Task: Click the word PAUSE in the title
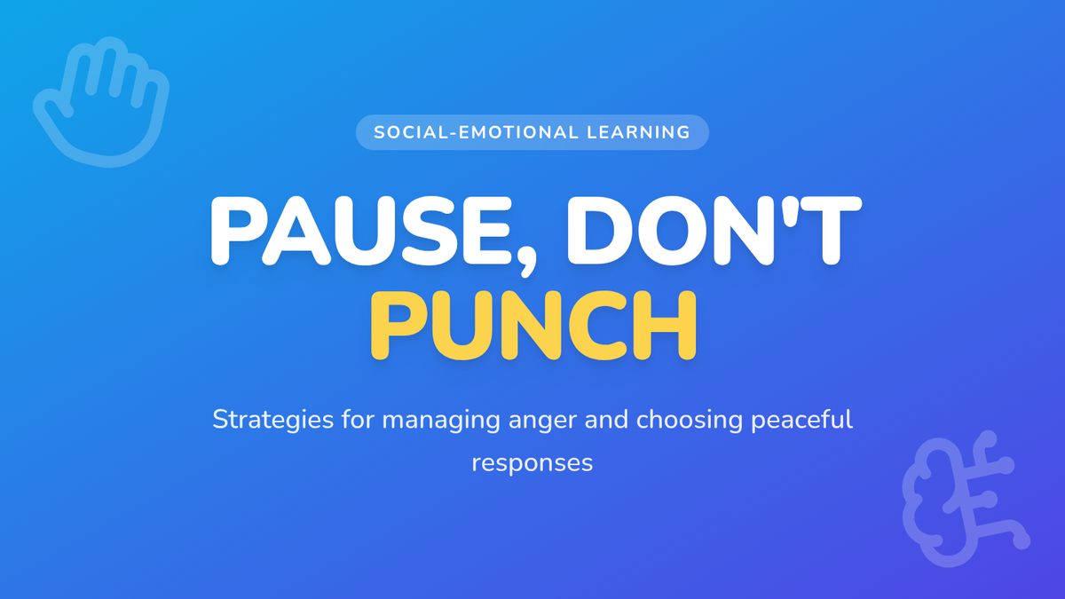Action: point(360,231)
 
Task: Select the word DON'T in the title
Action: point(714,231)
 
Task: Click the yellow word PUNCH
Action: point(533,326)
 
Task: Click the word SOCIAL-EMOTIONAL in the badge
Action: point(476,132)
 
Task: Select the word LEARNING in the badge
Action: point(638,132)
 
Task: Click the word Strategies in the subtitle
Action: point(273,421)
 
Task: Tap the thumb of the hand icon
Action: point(52,107)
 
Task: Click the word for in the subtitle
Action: point(358,420)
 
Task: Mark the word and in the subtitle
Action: point(606,420)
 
